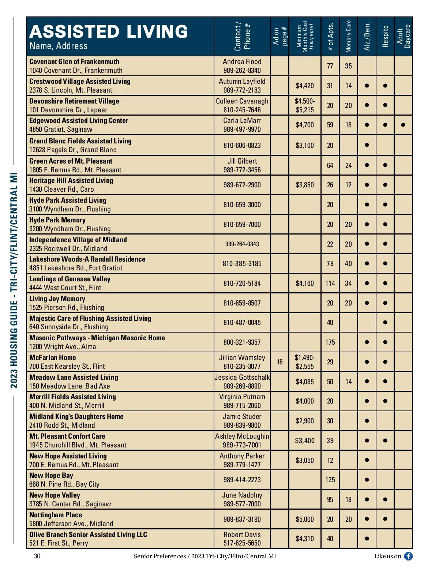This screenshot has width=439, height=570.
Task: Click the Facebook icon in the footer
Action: [408, 556]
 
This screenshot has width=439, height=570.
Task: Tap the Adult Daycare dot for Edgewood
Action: [403, 125]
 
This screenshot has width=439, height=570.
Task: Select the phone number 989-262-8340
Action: [242, 70]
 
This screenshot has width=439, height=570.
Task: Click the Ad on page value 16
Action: [279, 362]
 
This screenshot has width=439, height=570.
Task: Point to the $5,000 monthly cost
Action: [305, 519]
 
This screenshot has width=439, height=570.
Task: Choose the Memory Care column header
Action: [348, 36]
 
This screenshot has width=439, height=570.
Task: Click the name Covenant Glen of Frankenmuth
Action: [74, 61]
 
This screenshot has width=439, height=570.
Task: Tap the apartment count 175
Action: [330, 342]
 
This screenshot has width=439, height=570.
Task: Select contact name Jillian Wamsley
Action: [242, 357]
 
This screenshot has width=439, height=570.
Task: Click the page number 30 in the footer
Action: [37, 556]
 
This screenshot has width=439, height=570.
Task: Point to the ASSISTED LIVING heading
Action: [109, 31]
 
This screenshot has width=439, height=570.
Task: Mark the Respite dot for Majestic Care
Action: [385, 322]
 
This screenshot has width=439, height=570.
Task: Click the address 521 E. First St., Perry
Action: [59, 543]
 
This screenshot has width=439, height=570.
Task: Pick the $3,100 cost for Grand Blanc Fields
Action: [305, 145]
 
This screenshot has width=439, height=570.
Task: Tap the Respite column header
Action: [385, 36]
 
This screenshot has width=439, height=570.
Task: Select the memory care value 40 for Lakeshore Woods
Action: [348, 263]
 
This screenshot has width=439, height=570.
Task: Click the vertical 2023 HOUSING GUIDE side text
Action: [14, 280]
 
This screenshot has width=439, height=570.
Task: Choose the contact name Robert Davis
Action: [242, 535]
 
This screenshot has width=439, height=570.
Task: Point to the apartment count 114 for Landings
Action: [330, 283]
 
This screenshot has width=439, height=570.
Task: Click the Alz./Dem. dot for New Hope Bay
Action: [367, 480]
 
